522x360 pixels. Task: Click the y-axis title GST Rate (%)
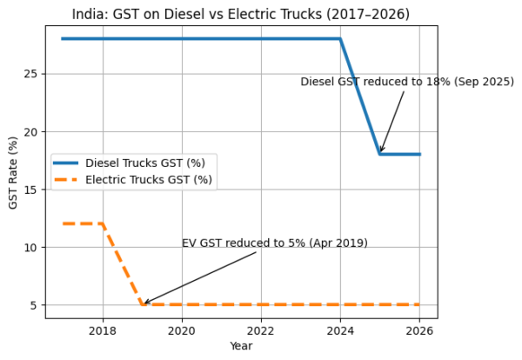12,171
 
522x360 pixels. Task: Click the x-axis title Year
241,346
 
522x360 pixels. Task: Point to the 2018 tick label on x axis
103,330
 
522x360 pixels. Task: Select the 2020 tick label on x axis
182,330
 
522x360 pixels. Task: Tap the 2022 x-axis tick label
261,330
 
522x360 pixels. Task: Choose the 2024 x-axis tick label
340,330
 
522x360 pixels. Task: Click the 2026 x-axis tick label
419,330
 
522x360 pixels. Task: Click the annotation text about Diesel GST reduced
407,82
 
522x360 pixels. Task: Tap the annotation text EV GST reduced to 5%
274,243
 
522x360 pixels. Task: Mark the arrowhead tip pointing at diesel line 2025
380,153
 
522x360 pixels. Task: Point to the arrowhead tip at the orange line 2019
144,303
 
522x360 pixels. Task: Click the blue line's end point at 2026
419,154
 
